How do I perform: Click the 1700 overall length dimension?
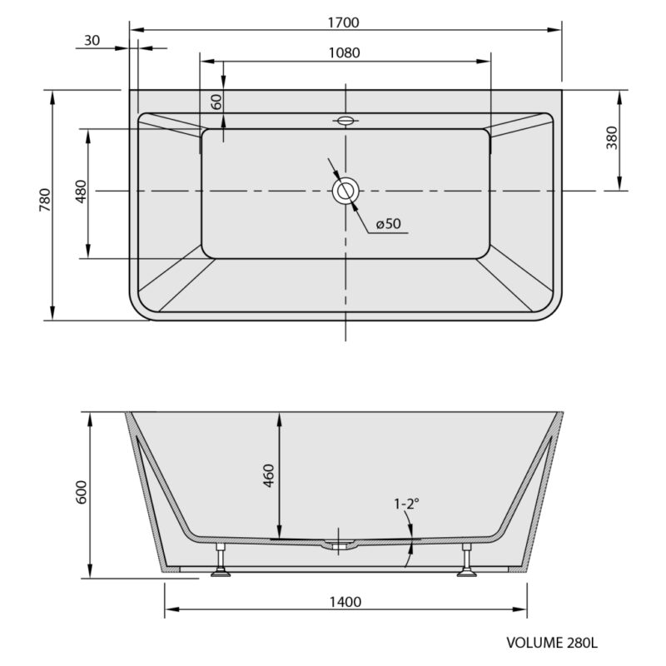coord(343,22)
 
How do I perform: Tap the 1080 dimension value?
coord(345,52)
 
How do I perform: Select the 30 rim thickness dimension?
coord(92,40)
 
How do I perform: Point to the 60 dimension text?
coord(216,102)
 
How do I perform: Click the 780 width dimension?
coord(45,200)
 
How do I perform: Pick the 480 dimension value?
coord(81,191)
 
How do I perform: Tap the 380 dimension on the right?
coord(612,137)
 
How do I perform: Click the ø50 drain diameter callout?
coord(388,223)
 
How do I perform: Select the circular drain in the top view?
coord(345,191)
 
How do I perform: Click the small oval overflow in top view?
coord(345,121)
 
